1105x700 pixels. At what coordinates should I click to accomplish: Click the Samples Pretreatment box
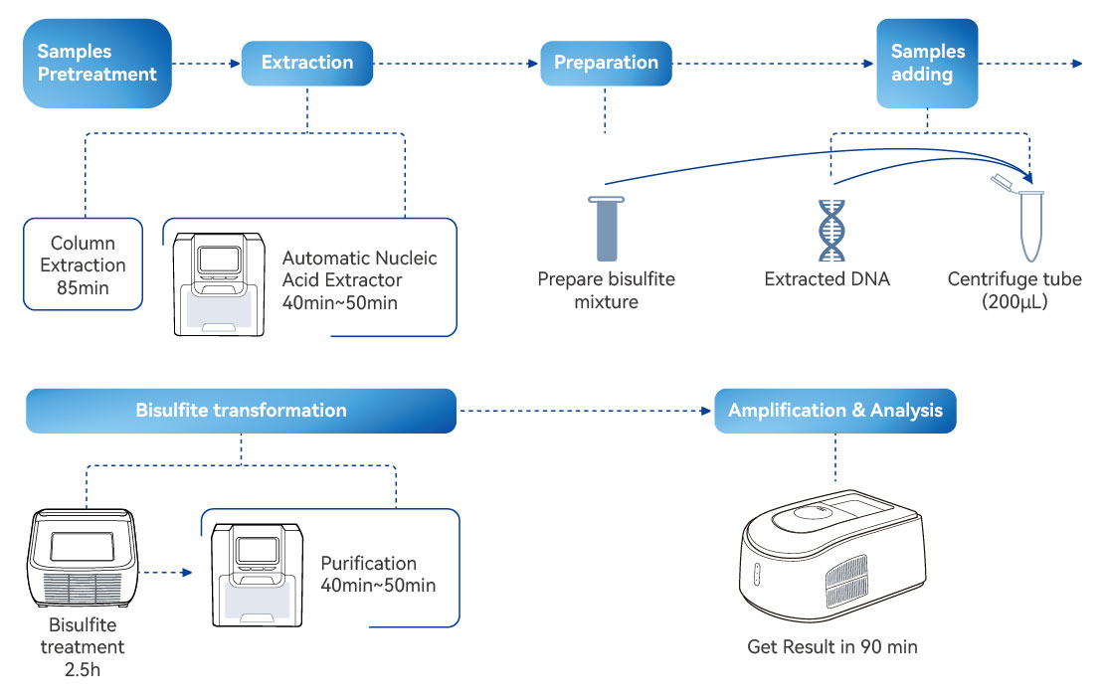[x=97, y=63]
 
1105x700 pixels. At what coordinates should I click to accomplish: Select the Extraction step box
[x=307, y=63]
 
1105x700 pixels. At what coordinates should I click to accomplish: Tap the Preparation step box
[x=606, y=63]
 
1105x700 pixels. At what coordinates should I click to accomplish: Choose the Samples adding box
[x=927, y=63]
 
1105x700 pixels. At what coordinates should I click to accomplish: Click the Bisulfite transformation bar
[x=241, y=411]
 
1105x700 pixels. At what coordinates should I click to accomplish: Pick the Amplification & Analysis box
[x=835, y=411]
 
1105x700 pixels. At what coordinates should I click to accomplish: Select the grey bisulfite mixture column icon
[x=606, y=229]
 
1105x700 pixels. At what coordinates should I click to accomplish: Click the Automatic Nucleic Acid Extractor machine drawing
[x=219, y=283]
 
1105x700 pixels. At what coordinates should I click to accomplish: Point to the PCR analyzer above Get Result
[x=833, y=558]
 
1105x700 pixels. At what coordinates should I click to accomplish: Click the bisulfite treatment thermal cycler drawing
[x=82, y=559]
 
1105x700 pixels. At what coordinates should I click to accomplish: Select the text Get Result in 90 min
[x=832, y=647]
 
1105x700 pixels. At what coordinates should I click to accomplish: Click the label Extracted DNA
[x=827, y=279]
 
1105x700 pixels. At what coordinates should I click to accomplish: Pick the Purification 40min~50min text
[x=378, y=575]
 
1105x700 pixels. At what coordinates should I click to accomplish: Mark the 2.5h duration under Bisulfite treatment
[x=83, y=669]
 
